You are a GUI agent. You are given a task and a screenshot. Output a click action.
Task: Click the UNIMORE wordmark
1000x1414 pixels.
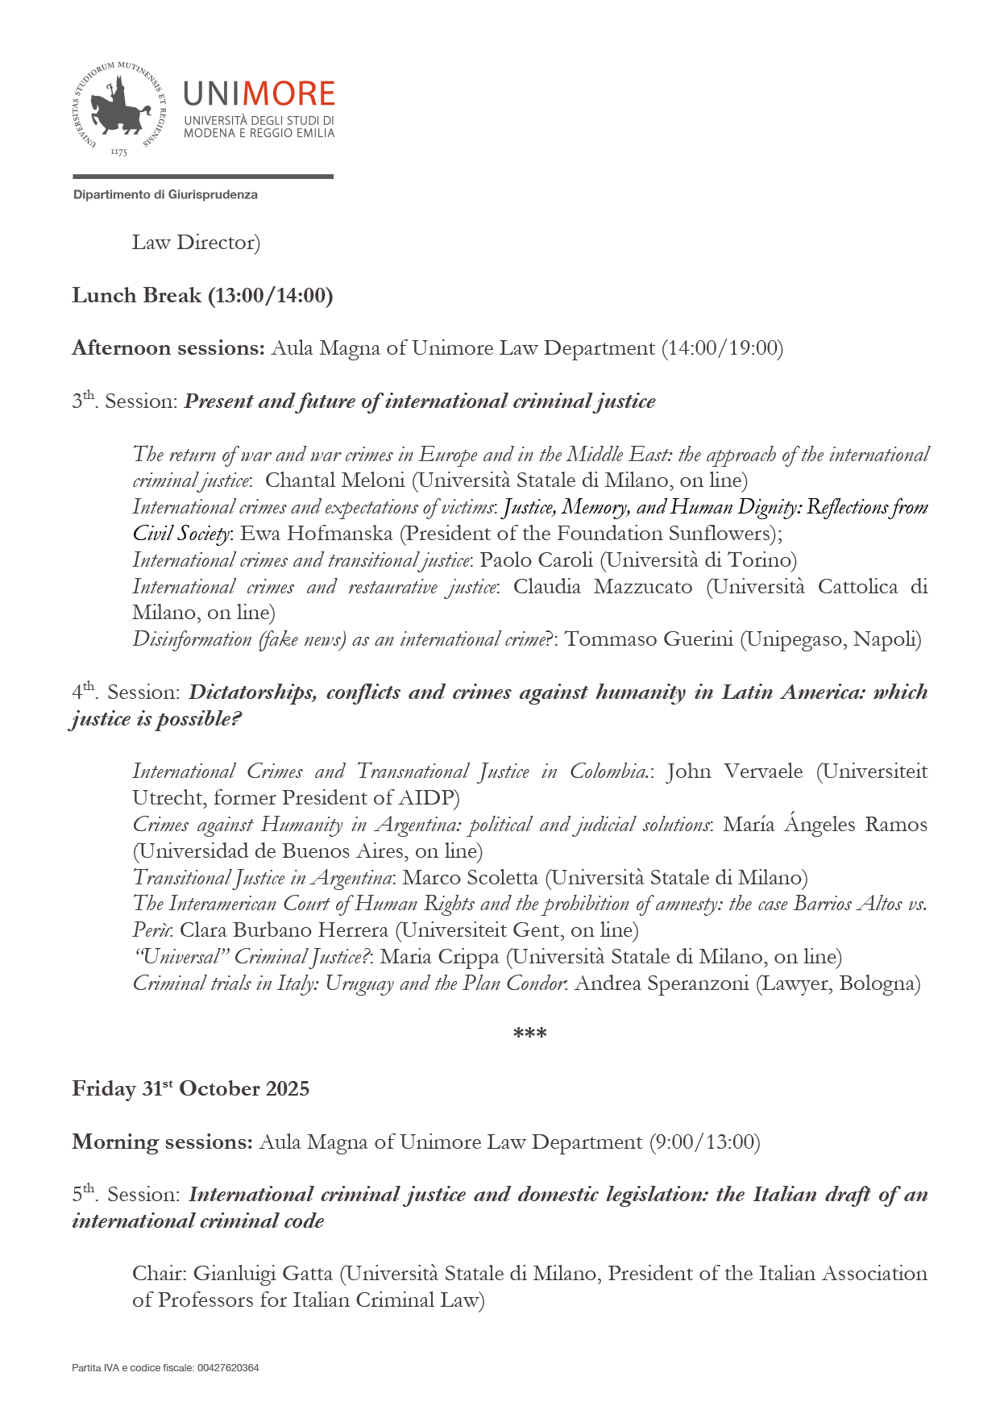point(259,94)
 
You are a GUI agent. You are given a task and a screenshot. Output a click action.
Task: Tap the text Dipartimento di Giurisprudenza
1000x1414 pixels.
point(165,195)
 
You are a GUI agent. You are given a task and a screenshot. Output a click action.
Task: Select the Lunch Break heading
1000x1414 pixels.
point(202,296)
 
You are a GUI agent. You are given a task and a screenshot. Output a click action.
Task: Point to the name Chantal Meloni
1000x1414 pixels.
point(334,480)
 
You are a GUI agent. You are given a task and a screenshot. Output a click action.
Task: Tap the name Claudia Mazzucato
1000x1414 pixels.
point(602,587)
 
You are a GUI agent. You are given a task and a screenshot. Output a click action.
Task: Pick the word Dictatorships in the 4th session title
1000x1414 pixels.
point(252,692)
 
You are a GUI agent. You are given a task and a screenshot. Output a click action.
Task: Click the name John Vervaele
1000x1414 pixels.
point(734,771)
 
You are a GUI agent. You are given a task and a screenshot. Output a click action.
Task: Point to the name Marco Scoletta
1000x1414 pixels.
point(470,878)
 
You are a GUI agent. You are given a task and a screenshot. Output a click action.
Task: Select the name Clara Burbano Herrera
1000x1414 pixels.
point(284,930)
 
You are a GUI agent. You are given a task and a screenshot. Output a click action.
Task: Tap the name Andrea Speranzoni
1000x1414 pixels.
point(662,984)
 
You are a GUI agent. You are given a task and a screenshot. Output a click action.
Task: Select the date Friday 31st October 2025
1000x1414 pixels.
point(191,1089)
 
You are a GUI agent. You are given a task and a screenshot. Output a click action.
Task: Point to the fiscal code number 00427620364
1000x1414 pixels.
point(228,1368)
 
